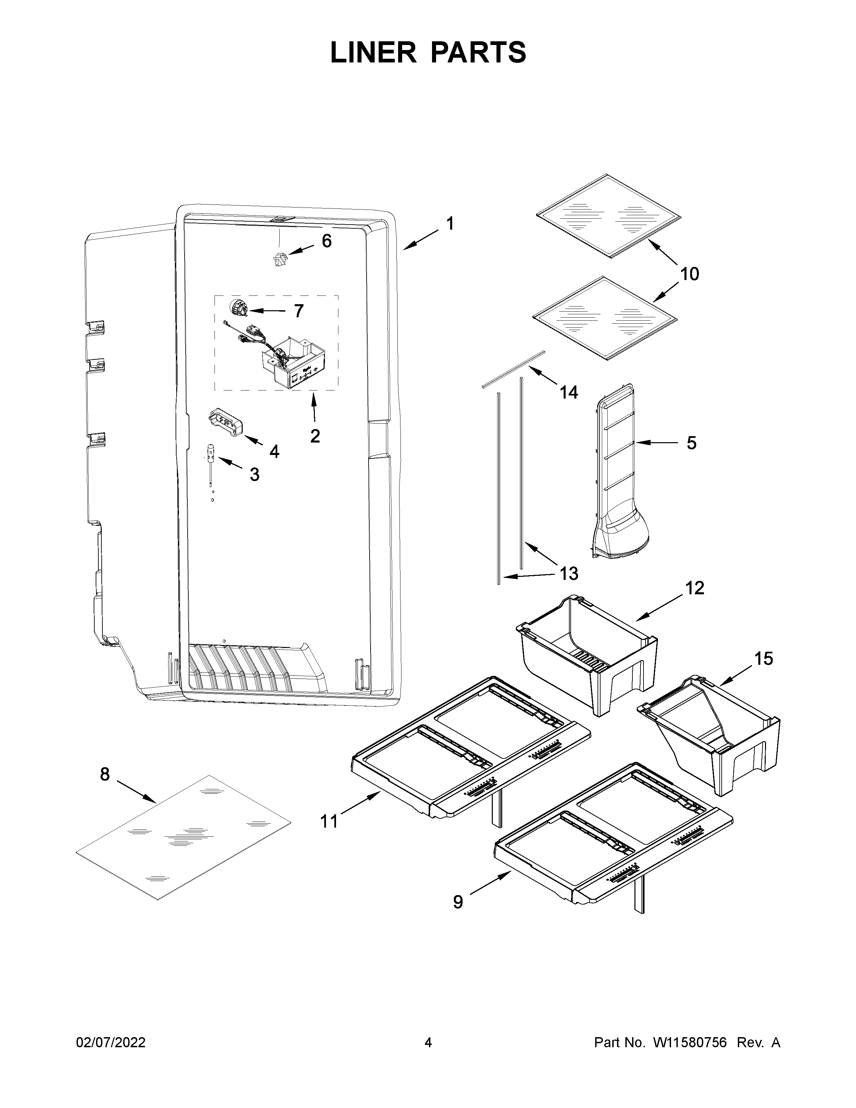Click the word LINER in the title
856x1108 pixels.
point(373,52)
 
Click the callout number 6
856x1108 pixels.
point(327,241)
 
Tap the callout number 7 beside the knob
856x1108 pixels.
point(299,311)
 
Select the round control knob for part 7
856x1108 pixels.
point(237,307)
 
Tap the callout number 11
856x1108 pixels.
point(329,821)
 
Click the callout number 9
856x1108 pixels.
point(458,902)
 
